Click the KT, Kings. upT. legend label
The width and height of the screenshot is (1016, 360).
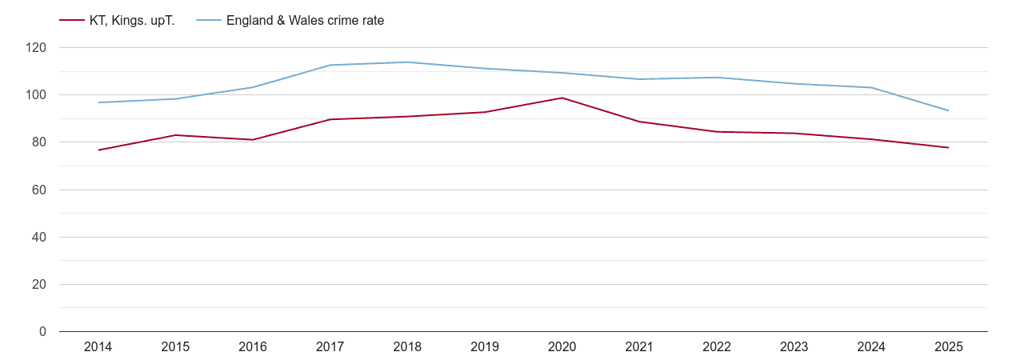(132, 20)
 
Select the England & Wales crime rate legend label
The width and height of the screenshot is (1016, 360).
(305, 20)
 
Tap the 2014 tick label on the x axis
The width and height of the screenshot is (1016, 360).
(98, 346)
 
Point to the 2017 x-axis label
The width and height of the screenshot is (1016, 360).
(330, 346)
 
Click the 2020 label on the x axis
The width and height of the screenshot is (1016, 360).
(562, 346)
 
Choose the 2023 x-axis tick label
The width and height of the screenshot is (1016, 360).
(794, 346)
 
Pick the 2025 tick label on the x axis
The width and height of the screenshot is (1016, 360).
(948, 346)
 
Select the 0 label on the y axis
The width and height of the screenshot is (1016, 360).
(43, 331)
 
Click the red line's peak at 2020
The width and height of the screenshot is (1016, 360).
(562, 98)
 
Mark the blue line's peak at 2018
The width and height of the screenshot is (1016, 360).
(407, 62)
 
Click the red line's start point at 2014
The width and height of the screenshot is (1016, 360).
(98, 150)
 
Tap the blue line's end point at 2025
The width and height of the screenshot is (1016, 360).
(948, 110)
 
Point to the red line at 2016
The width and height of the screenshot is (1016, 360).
(253, 140)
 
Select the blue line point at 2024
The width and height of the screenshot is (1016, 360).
(870, 87)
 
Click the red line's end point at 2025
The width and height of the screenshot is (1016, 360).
(948, 147)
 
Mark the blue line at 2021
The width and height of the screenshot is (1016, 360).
(639, 79)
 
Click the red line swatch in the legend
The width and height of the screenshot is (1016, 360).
(72, 20)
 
